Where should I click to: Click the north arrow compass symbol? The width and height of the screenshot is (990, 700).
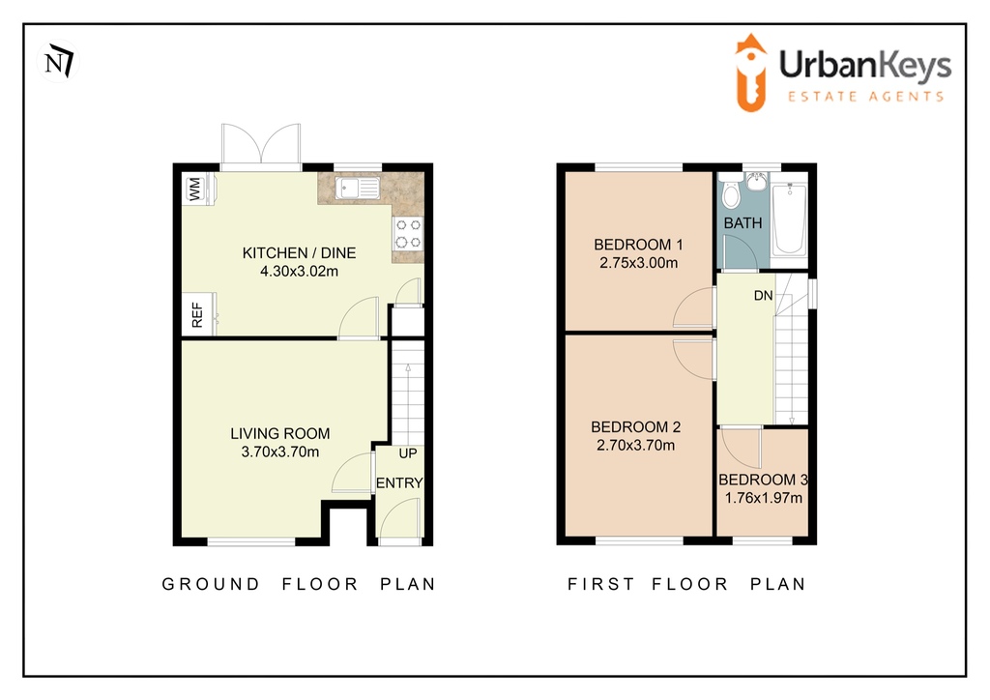tap(59, 61)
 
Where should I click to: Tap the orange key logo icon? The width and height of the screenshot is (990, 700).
tap(750, 73)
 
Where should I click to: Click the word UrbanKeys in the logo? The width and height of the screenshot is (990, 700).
tap(865, 66)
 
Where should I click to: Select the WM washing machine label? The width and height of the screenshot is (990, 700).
tap(194, 189)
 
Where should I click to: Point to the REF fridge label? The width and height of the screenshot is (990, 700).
tap(197, 314)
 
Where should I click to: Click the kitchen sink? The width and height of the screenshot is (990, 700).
tap(358, 189)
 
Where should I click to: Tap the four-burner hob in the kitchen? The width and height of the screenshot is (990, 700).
tap(409, 233)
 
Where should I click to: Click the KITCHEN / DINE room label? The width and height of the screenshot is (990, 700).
tap(300, 253)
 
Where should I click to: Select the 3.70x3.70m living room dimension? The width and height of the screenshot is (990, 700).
tap(280, 452)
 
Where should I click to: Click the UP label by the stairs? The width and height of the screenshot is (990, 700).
tap(408, 453)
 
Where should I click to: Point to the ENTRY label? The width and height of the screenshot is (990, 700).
tap(399, 482)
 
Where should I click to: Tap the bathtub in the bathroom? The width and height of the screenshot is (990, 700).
tap(789, 219)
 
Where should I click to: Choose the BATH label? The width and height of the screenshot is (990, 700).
tap(743, 222)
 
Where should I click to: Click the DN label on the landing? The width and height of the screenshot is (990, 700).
tap(764, 296)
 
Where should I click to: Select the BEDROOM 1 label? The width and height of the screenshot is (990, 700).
tap(638, 245)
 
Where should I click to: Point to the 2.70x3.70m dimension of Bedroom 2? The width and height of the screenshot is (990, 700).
tap(636, 445)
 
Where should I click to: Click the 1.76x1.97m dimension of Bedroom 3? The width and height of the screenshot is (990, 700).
tap(764, 498)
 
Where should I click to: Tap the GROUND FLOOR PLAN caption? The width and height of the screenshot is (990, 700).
tap(299, 584)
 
